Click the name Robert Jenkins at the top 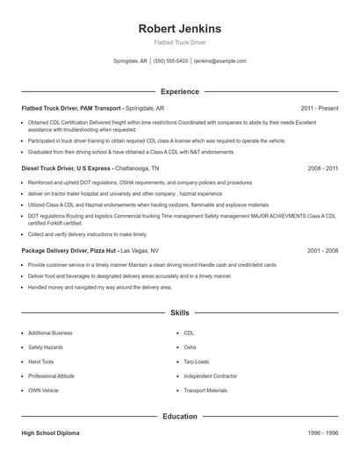(x=179, y=29)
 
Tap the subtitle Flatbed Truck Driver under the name (x=179, y=43)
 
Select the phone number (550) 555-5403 (x=170, y=61)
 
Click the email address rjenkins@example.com (x=220, y=61)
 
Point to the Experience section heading (x=179, y=91)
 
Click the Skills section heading (x=179, y=312)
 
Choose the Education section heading (x=179, y=416)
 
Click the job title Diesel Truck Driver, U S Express (x=66, y=167)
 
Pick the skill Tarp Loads (x=196, y=361)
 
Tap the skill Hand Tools (x=40, y=361)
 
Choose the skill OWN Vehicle (x=43, y=390)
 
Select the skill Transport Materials (x=205, y=390)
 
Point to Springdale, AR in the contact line (x=132, y=61)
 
